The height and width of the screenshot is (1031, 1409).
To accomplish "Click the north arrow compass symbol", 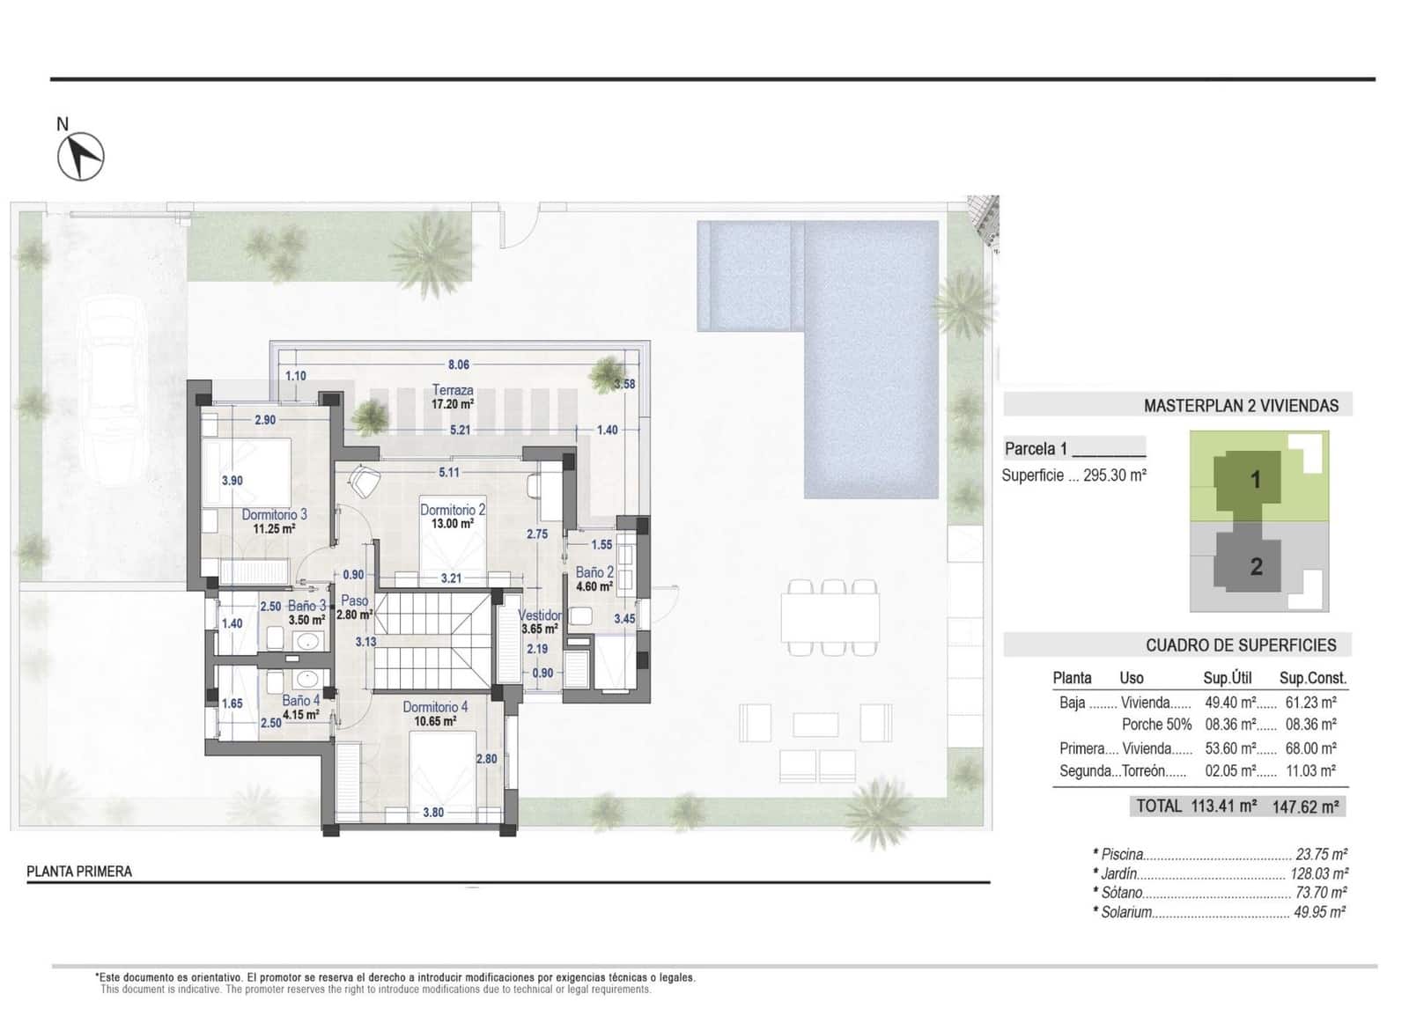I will pyautogui.click(x=80, y=157).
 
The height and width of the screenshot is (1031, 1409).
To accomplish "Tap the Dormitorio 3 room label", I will pyautogui.click(x=274, y=514).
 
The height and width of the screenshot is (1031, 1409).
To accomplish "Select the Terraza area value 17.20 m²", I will pyautogui.click(x=453, y=404).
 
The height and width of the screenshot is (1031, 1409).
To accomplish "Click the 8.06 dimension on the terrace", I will pyautogui.click(x=458, y=364).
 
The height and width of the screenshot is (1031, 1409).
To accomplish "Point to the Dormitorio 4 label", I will pyautogui.click(x=435, y=707).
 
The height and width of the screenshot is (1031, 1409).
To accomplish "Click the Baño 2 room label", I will pyautogui.click(x=594, y=572).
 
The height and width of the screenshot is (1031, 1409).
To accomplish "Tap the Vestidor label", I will pyautogui.click(x=540, y=615).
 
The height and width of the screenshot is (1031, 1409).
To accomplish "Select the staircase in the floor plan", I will pyautogui.click(x=432, y=641).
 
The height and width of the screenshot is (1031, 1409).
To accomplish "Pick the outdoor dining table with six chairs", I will pyautogui.click(x=830, y=616).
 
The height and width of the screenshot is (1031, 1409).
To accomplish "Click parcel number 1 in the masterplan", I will pyautogui.click(x=1256, y=480).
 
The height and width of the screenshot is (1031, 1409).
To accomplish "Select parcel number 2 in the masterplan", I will pyautogui.click(x=1256, y=566).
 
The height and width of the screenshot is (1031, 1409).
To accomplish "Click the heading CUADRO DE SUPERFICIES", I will pyautogui.click(x=1240, y=645).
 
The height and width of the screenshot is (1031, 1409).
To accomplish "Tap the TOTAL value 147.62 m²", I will pyautogui.click(x=1305, y=806).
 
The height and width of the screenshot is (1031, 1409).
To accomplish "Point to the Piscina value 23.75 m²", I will pyautogui.click(x=1321, y=854).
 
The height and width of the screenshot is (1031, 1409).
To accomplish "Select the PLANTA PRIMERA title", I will pyautogui.click(x=79, y=872).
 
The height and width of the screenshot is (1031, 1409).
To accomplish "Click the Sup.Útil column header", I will pyautogui.click(x=1227, y=678).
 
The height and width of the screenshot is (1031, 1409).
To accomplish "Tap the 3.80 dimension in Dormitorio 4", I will pyautogui.click(x=432, y=812).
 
